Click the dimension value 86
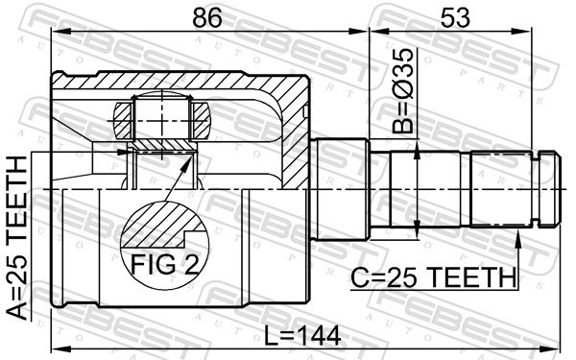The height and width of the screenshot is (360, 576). (207, 17)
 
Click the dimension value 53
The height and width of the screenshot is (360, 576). (455, 17)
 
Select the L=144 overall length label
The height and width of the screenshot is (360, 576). (303, 336)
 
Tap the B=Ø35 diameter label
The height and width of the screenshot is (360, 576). (402, 90)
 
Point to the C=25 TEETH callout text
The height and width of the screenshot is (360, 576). (434, 277)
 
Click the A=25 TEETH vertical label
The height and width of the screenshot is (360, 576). (17, 238)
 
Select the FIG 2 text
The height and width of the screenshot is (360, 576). (164, 264)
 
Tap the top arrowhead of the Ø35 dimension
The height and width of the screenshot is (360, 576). (417, 151)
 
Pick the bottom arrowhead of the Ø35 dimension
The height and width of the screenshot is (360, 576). (417, 229)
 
